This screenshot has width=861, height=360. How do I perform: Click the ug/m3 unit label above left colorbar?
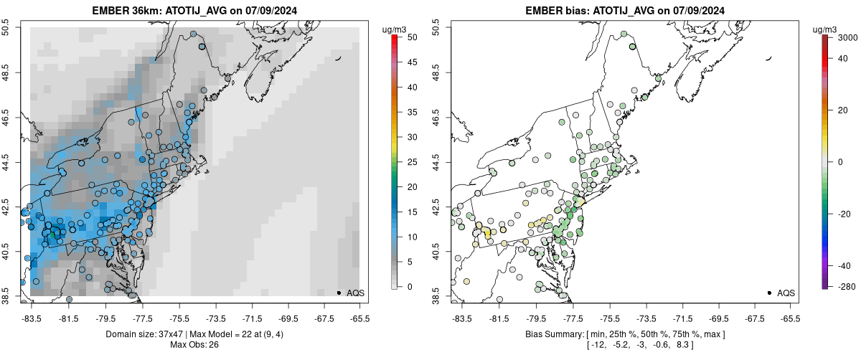tap(396, 28)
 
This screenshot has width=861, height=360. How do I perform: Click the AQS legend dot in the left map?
tap(339, 293)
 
